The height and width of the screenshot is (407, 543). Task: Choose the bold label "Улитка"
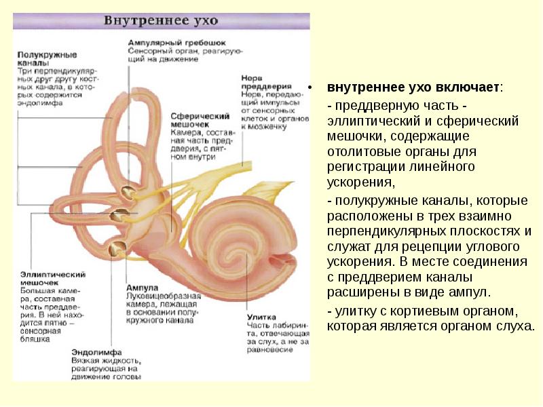259,317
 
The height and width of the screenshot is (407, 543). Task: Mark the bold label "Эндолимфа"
96,353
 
